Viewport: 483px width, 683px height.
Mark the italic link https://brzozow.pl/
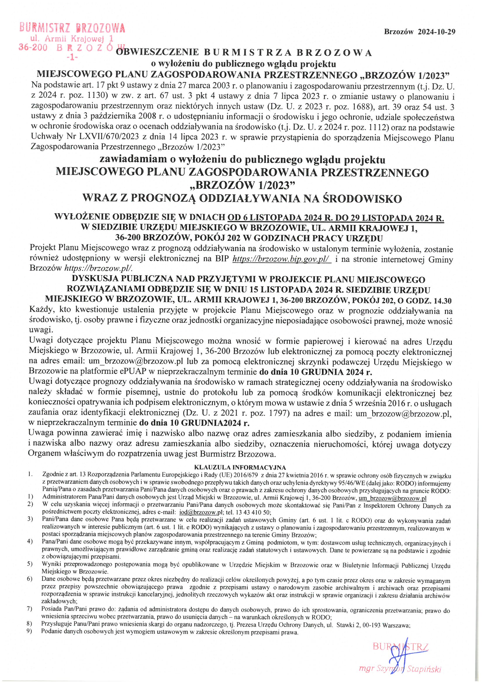point(98,268)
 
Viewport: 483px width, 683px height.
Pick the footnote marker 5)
point(30,564)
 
